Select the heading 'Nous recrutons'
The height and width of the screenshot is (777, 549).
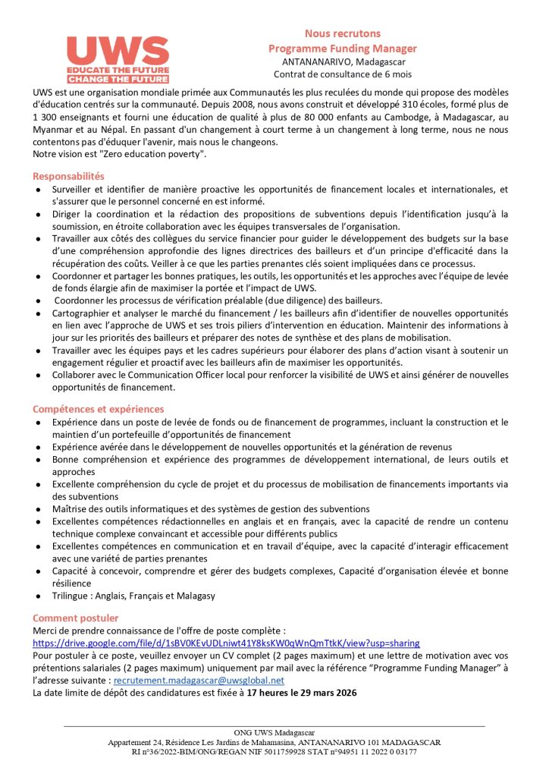coord(343,33)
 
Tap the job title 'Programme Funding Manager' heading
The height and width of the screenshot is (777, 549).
coord(343,48)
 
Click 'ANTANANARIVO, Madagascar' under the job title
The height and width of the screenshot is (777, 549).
coord(343,61)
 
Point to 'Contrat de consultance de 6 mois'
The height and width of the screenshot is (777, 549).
coord(343,74)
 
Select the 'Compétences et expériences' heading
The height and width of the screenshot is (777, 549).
coord(98,409)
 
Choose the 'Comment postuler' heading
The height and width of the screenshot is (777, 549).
coord(75,618)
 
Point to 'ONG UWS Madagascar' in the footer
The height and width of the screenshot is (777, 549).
coord(274,732)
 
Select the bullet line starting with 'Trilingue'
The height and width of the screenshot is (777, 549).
coord(133,596)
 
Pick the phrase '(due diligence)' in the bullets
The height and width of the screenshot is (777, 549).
coord(300,300)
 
